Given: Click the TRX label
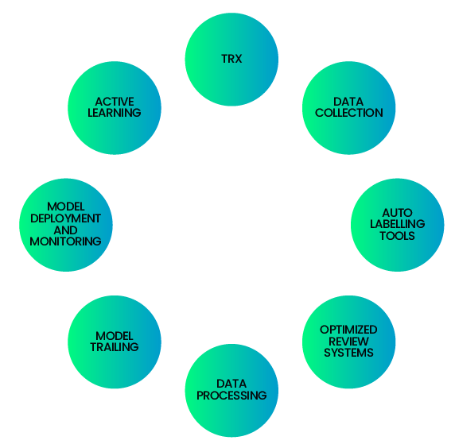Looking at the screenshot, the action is [x=231, y=59].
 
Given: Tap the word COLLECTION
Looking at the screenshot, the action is [x=348, y=113].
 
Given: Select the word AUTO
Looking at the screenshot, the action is [x=397, y=213].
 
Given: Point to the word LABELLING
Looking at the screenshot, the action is [x=397, y=224].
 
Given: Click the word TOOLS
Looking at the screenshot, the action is [x=397, y=236].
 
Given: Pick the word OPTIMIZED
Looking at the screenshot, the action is [x=348, y=330].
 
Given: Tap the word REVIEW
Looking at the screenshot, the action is [x=348, y=341].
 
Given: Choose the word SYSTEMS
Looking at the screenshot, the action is [x=348, y=353].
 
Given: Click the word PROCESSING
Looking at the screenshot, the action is [x=231, y=396].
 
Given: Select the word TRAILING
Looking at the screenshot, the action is [x=115, y=347].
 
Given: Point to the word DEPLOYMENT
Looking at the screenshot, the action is [x=65, y=218].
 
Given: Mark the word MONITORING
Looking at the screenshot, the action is [x=65, y=241].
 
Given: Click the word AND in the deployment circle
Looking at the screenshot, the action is [x=65, y=230].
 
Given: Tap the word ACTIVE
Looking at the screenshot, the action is [x=115, y=102].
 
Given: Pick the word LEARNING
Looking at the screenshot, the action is [x=115, y=113].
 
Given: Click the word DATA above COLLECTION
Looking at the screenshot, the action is [x=348, y=102].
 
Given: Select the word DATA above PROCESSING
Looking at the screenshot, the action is [x=231, y=384].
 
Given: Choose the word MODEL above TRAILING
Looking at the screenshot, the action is [x=115, y=336].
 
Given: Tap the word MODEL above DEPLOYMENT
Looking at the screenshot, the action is [x=66, y=207].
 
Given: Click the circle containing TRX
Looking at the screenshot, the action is [x=231, y=59].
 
